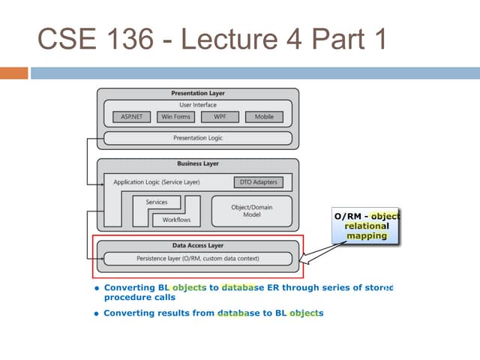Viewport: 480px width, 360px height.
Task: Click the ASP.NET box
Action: (x=132, y=117)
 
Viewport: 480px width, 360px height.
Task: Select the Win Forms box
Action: (x=176, y=117)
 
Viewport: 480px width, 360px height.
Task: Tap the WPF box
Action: (x=220, y=117)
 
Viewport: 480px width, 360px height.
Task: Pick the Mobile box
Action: (x=264, y=117)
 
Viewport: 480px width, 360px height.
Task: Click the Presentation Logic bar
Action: (x=198, y=138)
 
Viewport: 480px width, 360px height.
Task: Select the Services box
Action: (x=157, y=202)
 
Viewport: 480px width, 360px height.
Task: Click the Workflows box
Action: (x=176, y=220)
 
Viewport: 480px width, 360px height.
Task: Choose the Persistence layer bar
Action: (x=198, y=259)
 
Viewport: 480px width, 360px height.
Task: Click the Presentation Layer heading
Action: (x=198, y=94)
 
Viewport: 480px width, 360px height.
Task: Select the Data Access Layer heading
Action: (x=198, y=245)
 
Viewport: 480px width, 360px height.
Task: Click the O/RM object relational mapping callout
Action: (x=366, y=226)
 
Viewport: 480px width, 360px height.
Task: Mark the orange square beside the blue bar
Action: (x=13, y=73)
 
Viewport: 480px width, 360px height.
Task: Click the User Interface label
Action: (x=198, y=105)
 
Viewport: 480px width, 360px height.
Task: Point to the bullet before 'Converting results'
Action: (x=97, y=313)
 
